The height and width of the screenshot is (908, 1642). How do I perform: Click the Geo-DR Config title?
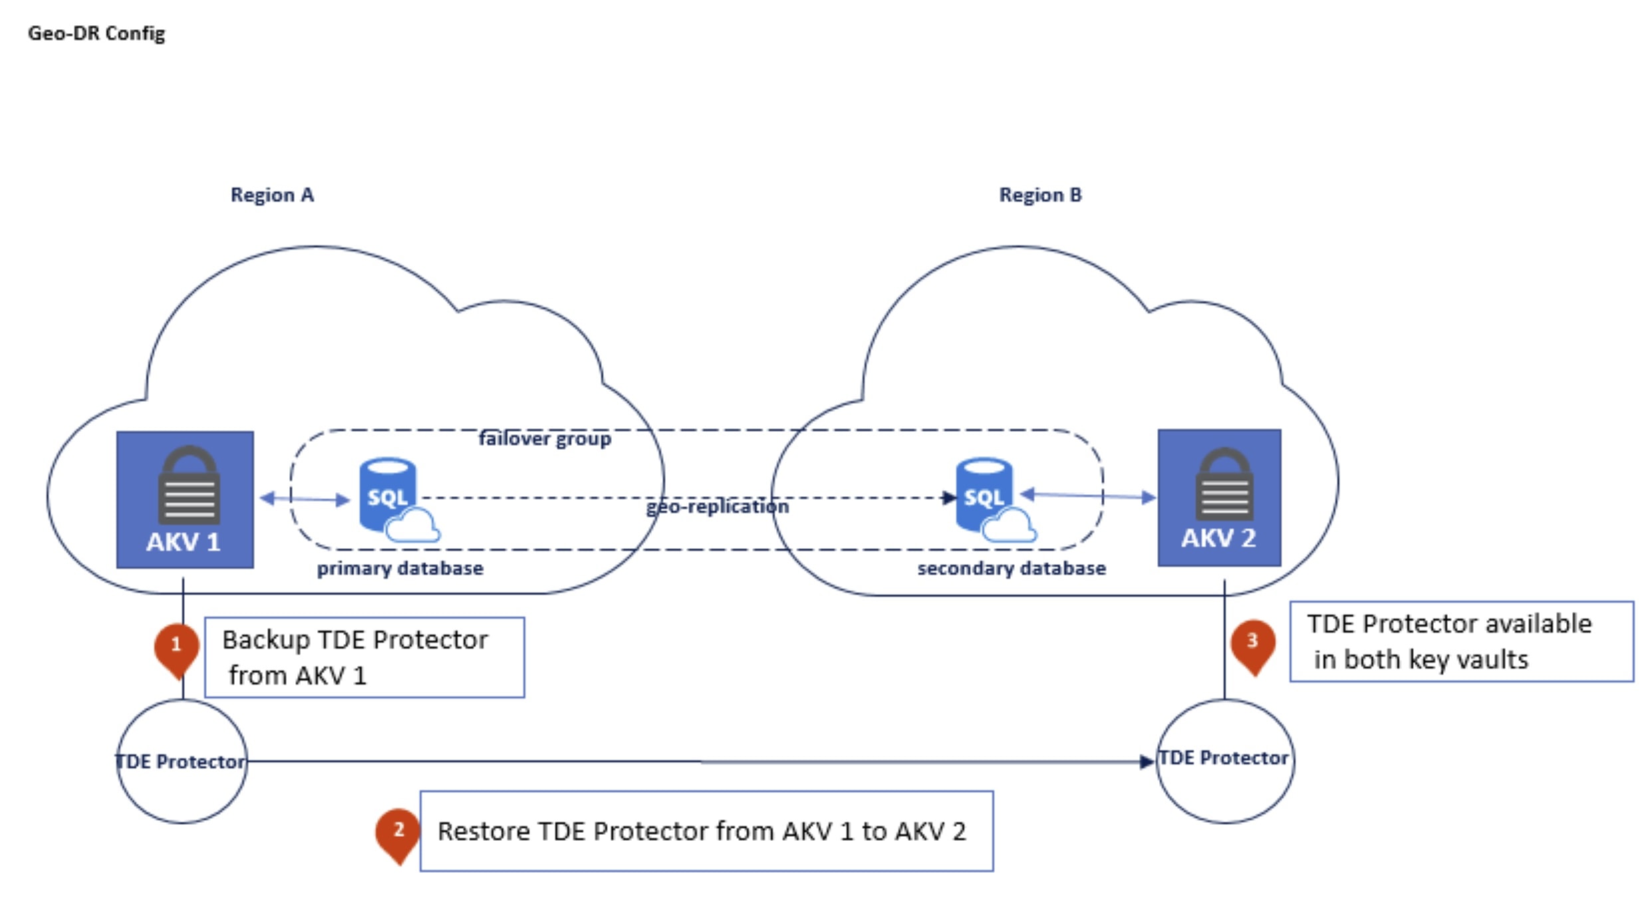coord(96,33)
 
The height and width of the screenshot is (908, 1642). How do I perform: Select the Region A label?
coord(272,195)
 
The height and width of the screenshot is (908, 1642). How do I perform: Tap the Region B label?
coord(1040,195)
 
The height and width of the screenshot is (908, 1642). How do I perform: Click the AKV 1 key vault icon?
coord(185,500)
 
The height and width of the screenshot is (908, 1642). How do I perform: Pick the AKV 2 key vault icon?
coord(1219,498)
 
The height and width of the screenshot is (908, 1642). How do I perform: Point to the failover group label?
coord(545,439)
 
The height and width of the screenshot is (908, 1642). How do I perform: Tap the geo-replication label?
coord(718,507)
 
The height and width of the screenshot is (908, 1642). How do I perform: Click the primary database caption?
coord(400,569)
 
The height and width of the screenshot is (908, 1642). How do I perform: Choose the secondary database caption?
coord(1012,569)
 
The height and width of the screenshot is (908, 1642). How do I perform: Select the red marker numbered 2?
coord(398,833)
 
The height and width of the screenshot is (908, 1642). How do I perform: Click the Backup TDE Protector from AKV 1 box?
coord(364,657)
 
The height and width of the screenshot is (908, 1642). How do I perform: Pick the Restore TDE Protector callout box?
coord(706,831)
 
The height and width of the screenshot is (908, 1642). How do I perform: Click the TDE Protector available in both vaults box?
coord(1461,642)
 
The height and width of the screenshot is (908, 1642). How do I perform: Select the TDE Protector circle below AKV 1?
coord(182,761)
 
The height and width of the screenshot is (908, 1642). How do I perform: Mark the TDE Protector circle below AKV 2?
coord(1225,760)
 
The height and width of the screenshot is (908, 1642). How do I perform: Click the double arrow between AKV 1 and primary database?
coord(305,499)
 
